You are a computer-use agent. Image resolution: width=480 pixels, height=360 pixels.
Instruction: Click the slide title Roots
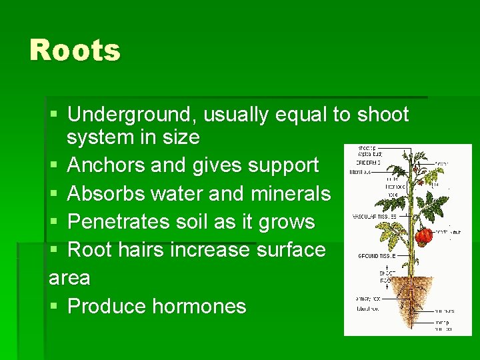(75, 51)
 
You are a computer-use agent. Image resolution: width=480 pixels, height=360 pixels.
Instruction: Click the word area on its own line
(69, 277)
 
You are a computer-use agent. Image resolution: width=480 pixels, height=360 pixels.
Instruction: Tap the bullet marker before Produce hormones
(54, 307)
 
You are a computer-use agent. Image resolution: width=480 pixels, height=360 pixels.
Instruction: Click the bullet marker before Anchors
(54, 165)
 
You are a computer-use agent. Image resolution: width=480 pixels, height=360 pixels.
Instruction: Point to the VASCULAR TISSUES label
(375, 217)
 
